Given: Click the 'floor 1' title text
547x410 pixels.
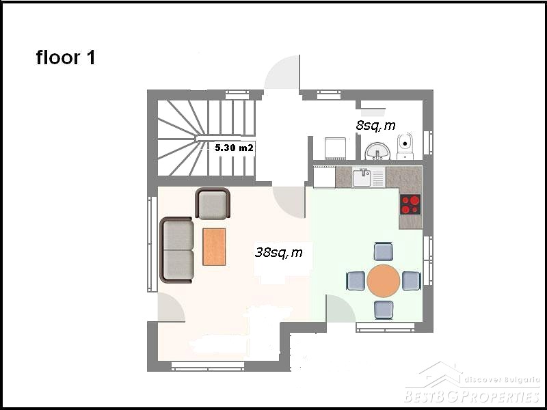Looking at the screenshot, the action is pos(66,57).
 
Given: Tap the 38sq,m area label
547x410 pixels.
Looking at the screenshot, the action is pos(278,252).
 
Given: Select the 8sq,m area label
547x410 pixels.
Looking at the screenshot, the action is pos(375,126).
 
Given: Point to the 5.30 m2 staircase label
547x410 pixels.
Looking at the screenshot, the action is pos(234,148).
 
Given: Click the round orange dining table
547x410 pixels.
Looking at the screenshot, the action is pos(384,281).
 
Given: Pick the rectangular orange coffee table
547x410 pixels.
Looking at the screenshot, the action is pos(214,247).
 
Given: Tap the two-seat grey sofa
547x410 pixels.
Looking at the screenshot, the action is pos(176,249).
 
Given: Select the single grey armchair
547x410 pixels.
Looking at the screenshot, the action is pos(213,204).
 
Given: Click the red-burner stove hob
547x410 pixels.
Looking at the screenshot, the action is pos(410,204).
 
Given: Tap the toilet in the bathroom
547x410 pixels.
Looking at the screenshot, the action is pos(405,146).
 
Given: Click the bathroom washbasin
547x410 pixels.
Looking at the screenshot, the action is pos(377,151).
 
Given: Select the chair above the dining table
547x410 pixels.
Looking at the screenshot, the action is pos(384,251).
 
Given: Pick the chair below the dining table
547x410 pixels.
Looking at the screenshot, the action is pos(384,310).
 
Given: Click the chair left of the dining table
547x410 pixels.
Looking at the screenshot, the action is pos(356,281).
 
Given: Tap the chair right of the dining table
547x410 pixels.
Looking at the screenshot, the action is pos(412,281).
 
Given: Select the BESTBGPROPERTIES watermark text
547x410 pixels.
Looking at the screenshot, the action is pos(472,397).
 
